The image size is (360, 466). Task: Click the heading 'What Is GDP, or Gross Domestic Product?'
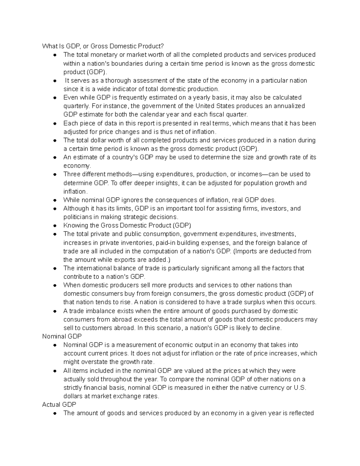click(x=103, y=46)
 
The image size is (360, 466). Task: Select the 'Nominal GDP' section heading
click(x=62, y=336)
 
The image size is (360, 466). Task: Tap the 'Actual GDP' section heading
click(x=59, y=404)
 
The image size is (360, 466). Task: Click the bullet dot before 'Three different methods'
click(x=55, y=174)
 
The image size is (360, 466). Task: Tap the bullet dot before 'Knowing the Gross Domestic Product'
click(x=55, y=226)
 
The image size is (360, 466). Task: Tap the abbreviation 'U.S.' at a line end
click(x=300, y=388)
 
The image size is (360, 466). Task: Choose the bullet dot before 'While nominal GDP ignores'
click(x=55, y=200)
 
